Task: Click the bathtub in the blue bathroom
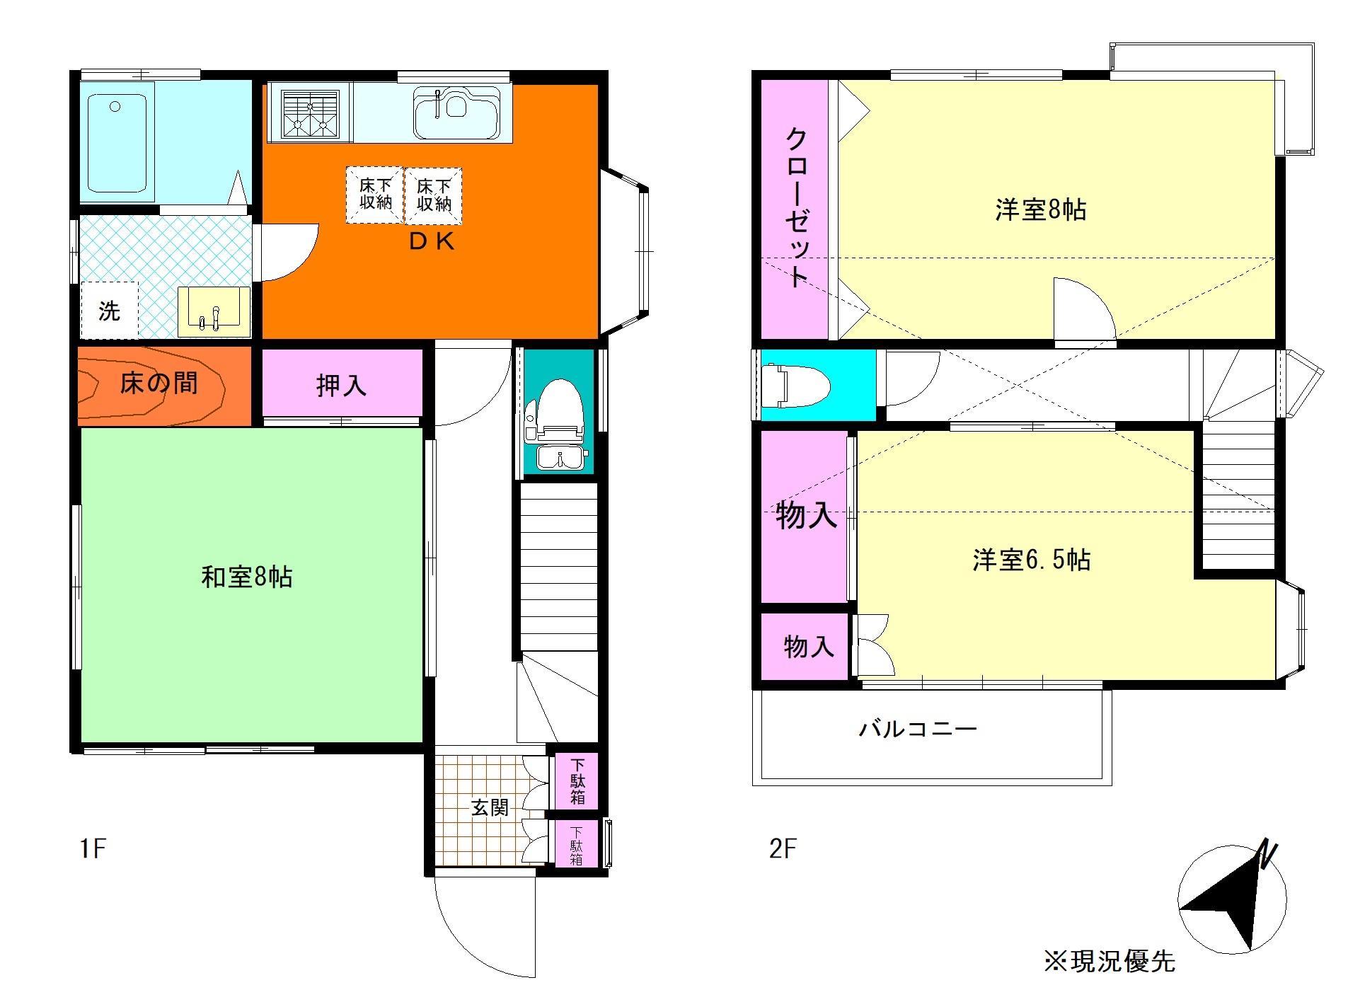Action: click(116, 142)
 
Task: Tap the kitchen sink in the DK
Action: click(456, 112)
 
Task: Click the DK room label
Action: click(431, 243)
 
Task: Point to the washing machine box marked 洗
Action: click(109, 311)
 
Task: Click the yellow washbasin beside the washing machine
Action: click(214, 311)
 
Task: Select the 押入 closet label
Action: click(341, 385)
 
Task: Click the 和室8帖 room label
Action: click(247, 577)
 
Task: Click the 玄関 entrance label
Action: click(490, 807)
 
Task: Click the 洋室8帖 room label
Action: click(1040, 210)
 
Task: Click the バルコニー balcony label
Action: click(918, 728)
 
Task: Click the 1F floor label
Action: click(93, 848)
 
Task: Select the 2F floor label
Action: click(783, 848)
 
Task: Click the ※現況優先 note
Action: click(1109, 960)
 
